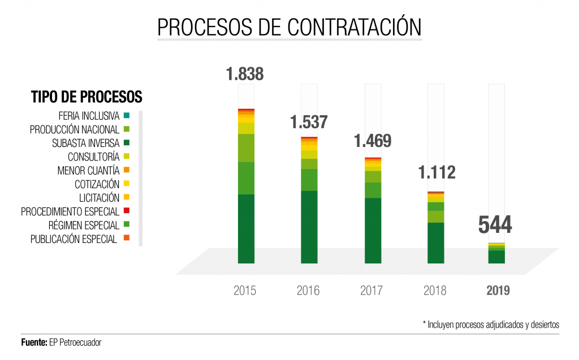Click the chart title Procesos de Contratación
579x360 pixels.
(289, 27)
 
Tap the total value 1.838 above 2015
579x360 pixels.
(245, 74)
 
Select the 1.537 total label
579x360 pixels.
(309, 122)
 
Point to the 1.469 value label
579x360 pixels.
(373, 141)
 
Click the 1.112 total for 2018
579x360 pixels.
(436, 172)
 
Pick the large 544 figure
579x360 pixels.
(495, 225)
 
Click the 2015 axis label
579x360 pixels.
(245, 290)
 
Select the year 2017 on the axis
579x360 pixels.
(371, 290)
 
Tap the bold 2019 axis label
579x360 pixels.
(498, 290)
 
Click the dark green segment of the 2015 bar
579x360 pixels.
(246, 228)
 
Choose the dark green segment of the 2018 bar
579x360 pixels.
(436, 242)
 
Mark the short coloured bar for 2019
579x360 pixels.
(496, 253)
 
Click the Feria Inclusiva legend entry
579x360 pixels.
(89, 116)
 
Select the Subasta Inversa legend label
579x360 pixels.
(85, 143)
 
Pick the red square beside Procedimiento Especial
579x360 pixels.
(126, 211)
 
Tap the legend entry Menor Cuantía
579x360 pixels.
(88, 170)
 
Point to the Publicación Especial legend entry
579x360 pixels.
(74, 239)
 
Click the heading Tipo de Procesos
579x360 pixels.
(87, 97)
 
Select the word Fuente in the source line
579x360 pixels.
(33, 342)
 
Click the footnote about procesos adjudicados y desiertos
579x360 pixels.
(491, 324)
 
